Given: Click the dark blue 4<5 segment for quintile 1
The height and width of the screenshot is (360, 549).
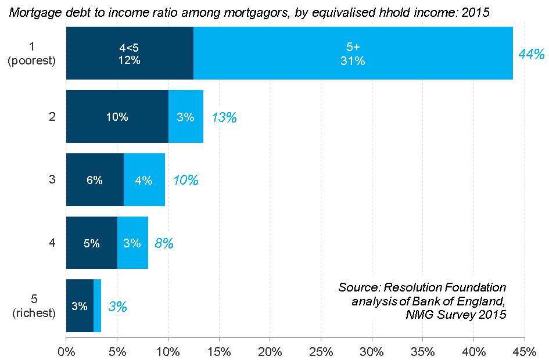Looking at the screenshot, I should pyautogui.click(x=130, y=53).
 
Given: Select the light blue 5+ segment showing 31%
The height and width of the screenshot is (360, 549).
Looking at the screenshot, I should pyautogui.click(x=353, y=53).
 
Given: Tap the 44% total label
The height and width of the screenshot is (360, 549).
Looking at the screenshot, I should pyautogui.click(x=531, y=54).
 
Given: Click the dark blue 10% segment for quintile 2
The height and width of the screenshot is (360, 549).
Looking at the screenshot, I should pyautogui.click(x=117, y=117).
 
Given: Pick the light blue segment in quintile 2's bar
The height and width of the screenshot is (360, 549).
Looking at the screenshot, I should pyautogui.click(x=186, y=117).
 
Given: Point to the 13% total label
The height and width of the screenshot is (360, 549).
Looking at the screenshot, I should pyautogui.click(x=224, y=117).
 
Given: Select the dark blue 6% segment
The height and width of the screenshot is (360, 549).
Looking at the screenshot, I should pyautogui.click(x=95, y=180).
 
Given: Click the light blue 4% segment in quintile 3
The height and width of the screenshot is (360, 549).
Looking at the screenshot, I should pyautogui.click(x=144, y=180).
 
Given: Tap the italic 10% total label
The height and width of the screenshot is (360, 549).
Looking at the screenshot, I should pyautogui.click(x=185, y=181).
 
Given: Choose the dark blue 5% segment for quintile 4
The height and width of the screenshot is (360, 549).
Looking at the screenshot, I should pyautogui.click(x=92, y=243).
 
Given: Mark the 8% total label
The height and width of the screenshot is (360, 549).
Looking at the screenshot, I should pyautogui.click(x=164, y=244).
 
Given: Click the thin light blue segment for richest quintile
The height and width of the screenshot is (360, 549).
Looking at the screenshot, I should pyautogui.click(x=97, y=306).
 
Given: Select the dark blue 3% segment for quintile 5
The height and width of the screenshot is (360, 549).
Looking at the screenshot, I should pyautogui.click(x=80, y=306).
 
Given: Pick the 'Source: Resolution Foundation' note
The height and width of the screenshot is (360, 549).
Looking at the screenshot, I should pyautogui.click(x=422, y=287).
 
